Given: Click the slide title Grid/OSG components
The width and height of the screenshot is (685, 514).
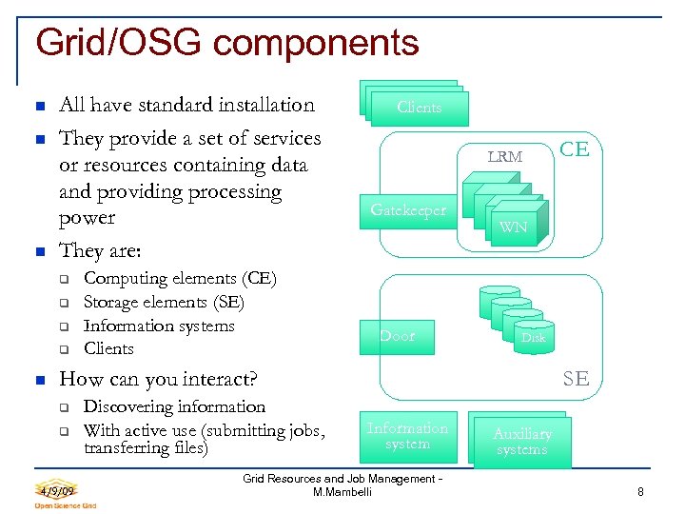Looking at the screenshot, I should pyautogui.click(x=226, y=43).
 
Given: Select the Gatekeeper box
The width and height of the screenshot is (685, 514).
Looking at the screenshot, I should pyautogui.click(x=408, y=210).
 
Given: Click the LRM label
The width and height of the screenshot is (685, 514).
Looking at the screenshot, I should pyautogui.click(x=504, y=156).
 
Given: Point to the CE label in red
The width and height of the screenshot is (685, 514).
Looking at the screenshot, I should pyautogui.click(x=574, y=148).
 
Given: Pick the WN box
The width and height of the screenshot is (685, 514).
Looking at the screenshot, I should pyautogui.click(x=513, y=227).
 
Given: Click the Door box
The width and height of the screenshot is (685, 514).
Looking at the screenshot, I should pyautogui.click(x=398, y=336).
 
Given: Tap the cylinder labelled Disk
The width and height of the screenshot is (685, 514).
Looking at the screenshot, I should pyautogui.click(x=532, y=337).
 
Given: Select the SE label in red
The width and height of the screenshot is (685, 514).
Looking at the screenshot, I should pyautogui.click(x=575, y=378).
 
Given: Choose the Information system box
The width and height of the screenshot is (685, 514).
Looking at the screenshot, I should pyautogui.click(x=407, y=436).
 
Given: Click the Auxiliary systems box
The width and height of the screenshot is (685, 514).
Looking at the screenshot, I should pyautogui.click(x=521, y=442).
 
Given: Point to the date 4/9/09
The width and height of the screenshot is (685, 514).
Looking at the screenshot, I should pyautogui.click(x=59, y=489).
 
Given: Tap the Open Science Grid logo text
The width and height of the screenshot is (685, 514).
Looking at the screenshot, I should pyautogui.click(x=66, y=505).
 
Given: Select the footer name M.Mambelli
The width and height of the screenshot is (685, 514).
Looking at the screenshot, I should pyautogui.click(x=342, y=492).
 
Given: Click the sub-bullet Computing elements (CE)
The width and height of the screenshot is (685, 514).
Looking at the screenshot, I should pyautogui.click(x=180, y=279).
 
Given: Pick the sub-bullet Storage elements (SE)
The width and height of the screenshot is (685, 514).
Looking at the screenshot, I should pyautogui.click(x=164, y=303).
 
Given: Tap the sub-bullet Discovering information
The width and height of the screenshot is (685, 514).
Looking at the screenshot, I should pyautogui.click(x=174, y=406).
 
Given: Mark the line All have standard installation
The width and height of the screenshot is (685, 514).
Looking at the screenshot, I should pyautogui.click(x=186, y=105).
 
